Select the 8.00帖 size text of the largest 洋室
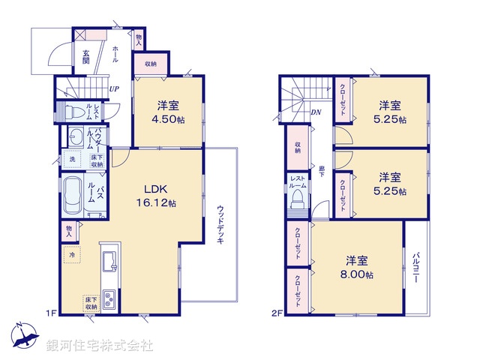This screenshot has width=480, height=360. click(x=360, y=274)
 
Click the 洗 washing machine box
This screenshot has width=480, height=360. click(x=73, y=159)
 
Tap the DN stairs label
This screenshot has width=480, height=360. click(x=316, y=112)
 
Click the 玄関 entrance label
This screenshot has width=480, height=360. click(x=86, y=56)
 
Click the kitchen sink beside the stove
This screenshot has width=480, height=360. click(x=109, y=260)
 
